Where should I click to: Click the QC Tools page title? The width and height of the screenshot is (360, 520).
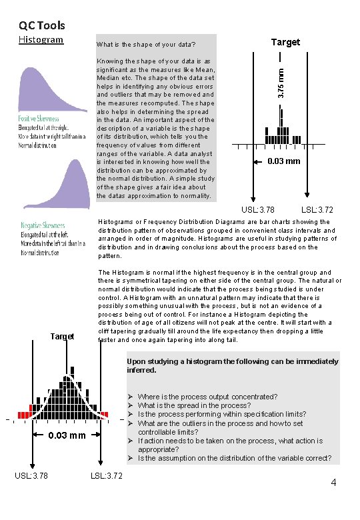(41, 25)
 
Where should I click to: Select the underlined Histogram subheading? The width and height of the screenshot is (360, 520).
(41, 39)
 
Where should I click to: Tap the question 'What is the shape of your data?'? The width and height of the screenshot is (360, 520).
(146, 45)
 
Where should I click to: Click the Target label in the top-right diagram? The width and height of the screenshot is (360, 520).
(285, 42)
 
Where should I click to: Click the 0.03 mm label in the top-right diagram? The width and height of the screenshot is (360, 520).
(284, 161)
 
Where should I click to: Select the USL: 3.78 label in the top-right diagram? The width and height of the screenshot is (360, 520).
(258, 210)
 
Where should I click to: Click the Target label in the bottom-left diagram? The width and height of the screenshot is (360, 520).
(62, 336)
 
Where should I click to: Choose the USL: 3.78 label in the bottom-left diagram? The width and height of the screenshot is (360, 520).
(31, 475)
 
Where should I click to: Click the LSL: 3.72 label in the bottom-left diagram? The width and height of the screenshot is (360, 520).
(106, 475)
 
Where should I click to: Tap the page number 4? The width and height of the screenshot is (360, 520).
(332, 482)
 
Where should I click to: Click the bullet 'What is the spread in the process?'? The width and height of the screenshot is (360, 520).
(194, 405)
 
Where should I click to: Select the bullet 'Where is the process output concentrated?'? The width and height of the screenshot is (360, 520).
(207, 397)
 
